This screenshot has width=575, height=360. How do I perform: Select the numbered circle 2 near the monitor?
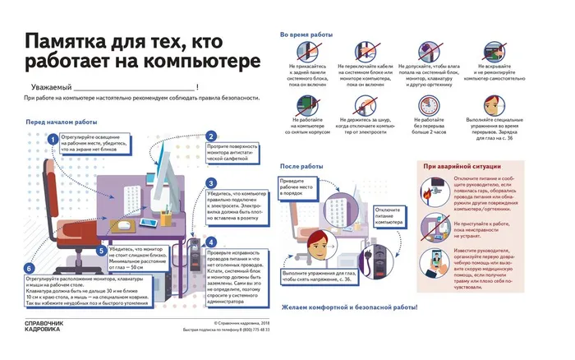pyautogui.click(x=211, y=136)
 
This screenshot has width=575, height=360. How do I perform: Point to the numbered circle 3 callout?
pyautogui.click(x=211, y=183)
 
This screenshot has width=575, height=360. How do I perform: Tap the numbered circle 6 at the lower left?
pyautogui.click(x=30, y=268)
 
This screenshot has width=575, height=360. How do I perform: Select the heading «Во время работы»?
pyautogui.click(x=307, y=35)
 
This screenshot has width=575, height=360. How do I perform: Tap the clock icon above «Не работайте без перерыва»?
pyautogui.click(x=427, y=104)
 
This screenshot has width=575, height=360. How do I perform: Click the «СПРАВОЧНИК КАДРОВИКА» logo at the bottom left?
pyautogui.click(x=40, y=326)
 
